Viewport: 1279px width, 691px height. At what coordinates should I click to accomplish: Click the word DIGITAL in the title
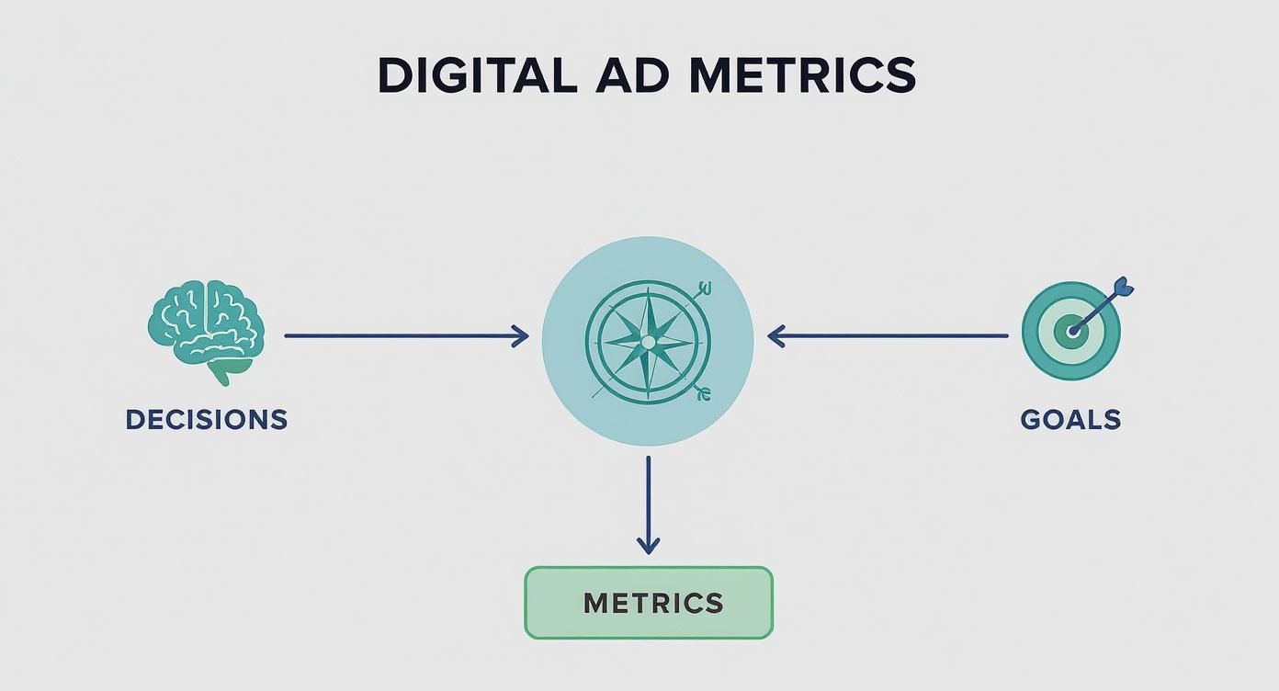pyautogui.click(x=477, y=75)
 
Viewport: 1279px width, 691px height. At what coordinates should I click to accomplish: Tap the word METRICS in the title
pyautogui.click(x=802, y=75)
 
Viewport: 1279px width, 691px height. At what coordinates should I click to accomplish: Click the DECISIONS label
pyautogui.click(x=207, y=420)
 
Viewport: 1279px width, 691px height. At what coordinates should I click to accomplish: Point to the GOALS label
pyautogui.click(x=1070, y=420)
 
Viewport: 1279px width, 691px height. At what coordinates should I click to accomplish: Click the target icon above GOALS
pyautogui.click(x=1070, y=331)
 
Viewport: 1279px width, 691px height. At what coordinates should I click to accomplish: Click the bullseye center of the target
pyautogui.click(x=1070, y=330)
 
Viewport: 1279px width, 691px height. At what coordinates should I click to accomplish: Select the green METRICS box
pyautogui.click(x=649, y=603)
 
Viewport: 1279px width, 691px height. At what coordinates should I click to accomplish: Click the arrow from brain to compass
pyautogui.click(x=404, y=336)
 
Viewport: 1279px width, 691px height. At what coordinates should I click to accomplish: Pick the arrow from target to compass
pyautogui.click(x=887, y=336)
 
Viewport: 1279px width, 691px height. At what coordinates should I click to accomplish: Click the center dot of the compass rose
pyautogui.click(x=648, y=342)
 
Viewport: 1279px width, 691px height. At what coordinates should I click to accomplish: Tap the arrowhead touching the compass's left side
pyautogui.click(x=521, y=336)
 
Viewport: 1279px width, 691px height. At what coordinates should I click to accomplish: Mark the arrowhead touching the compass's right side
pyautogui.click(x=775, y=336)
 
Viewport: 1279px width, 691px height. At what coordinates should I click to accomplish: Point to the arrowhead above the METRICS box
pyautogui.click(x=649, y=546)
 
